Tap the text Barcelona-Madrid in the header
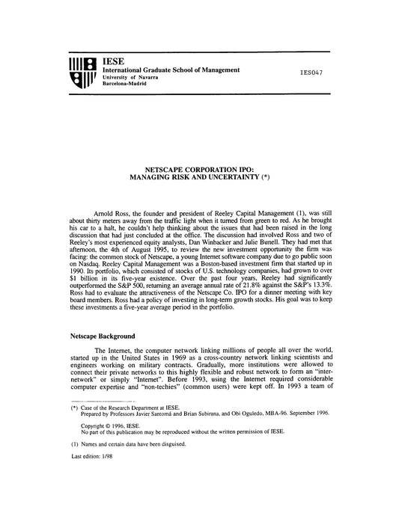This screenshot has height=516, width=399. [127, 84]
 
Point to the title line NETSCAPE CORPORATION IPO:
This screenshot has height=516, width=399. [199, 171]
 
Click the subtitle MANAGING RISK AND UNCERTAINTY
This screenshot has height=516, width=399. [194, 179]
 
